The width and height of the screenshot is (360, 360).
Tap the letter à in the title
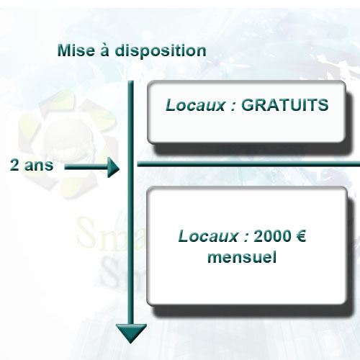[x=104, y=50]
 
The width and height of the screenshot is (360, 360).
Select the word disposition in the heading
[x=161, y=51]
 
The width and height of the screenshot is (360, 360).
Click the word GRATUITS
[x=284, y=105]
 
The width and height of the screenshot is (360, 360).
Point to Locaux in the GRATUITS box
[x=196, y=105]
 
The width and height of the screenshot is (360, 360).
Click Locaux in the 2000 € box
[x=208, y=236]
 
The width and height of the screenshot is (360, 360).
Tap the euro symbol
[x=301, y=236]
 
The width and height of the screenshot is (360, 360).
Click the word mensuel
[x=242, y=257]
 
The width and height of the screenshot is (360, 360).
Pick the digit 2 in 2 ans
[x=14, y=165]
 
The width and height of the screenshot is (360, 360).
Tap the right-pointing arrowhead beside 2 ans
[x=113, y=168]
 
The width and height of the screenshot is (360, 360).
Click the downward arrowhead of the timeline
[x=131, y=333]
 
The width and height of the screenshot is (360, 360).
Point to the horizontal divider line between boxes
[x=248, y=164]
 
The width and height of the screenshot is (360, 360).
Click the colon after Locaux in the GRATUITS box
[x=233, y=107]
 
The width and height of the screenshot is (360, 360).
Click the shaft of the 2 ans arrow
[x=86, y=167]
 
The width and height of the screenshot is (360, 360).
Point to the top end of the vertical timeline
[x=131, y=81]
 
